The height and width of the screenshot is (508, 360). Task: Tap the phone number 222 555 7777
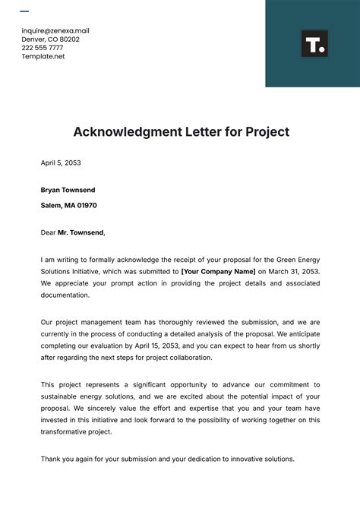(x=42, y=48)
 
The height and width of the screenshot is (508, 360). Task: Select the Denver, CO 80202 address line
(x=50, y=39)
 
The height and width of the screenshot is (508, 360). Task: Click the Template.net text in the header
(x=43, y=56)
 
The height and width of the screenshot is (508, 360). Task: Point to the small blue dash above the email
(x=24, y=11)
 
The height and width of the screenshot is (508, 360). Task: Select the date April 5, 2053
(x=61, y=162)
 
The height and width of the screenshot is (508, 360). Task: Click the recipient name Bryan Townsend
(x=68, y=190)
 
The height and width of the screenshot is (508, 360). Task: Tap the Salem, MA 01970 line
(x=69, y=205)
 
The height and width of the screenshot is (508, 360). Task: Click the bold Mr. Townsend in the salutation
(x=81, y=232)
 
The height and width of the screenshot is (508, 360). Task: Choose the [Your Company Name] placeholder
(x=217, y=271)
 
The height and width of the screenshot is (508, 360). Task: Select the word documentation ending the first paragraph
(x=65, y=295)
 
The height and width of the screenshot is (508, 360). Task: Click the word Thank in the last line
(x=52, y=459)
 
